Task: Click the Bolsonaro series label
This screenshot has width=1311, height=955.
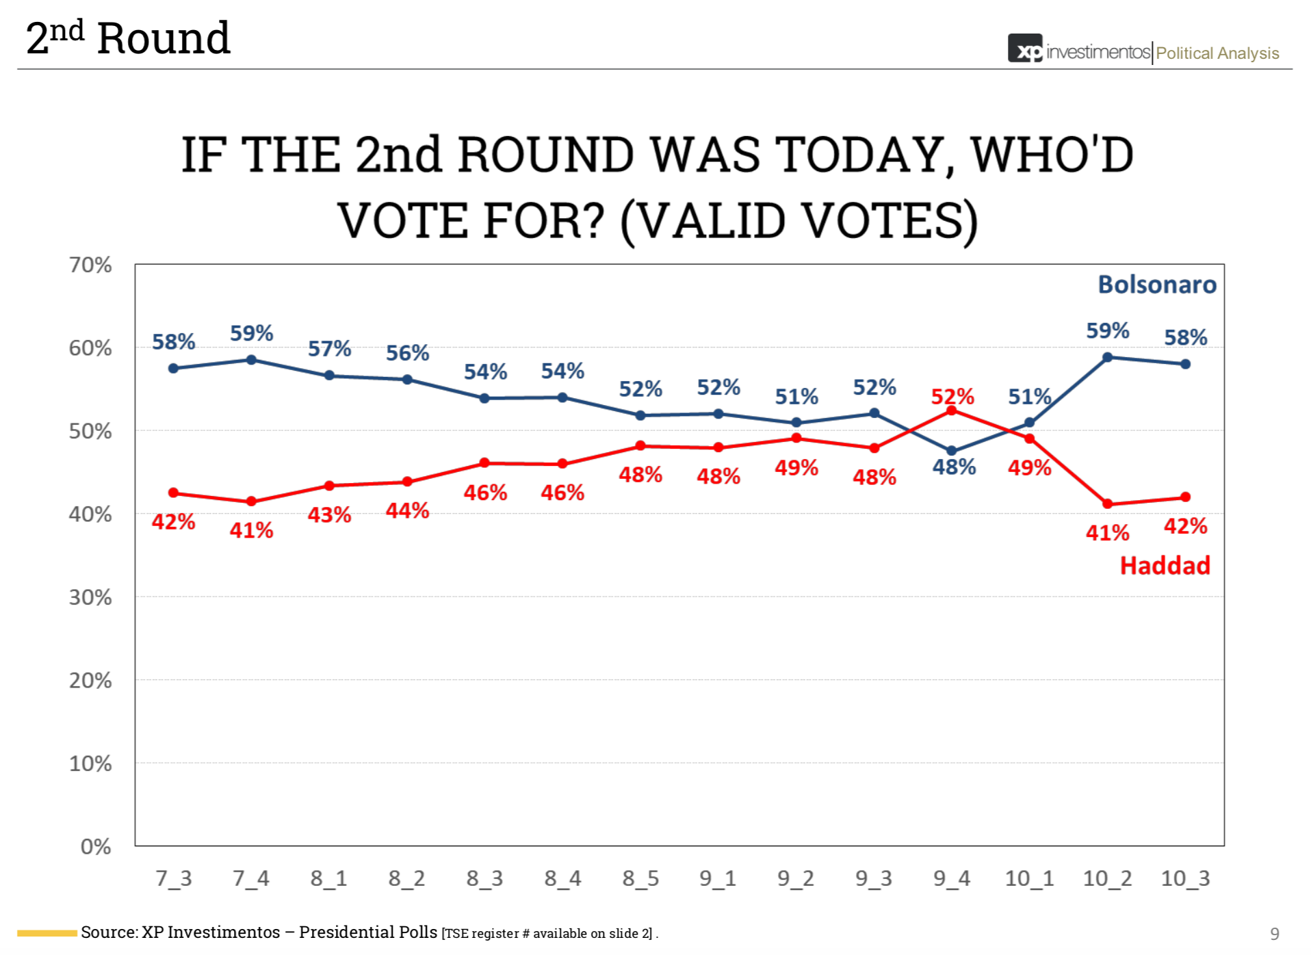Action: tap(1156, 285)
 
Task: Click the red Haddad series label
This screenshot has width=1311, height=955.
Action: tap(1165, 566)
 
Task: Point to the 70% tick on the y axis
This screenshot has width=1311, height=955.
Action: tap(90, 265)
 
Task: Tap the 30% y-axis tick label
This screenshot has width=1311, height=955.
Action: tap(90, 597)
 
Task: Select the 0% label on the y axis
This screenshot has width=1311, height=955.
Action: tap(96, 846)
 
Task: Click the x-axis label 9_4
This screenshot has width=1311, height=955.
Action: tap(951, 878)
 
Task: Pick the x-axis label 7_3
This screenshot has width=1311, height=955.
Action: tap(173, 878)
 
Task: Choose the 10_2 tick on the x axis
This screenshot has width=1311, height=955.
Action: tap(1107, 878)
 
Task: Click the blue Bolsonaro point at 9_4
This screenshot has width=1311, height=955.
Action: tap(951, 451)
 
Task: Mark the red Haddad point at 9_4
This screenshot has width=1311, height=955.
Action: tap(951, 410)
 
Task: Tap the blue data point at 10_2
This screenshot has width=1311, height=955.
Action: tap(1107, 357)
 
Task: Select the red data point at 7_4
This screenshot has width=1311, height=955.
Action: tap(251, 501)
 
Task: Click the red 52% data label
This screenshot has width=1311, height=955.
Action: tap(952, 396)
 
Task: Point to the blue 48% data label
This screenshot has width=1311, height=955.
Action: tap(954, 467)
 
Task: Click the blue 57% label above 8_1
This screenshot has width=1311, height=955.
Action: tap(329, 349)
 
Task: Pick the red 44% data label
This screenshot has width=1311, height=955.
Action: tap(407, 510)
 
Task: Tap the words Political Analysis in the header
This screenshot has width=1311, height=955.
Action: tap(1217, 53)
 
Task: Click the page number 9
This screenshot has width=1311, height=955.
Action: tap(1274, 934)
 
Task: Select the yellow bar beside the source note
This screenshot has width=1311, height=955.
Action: tap(47, 933)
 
